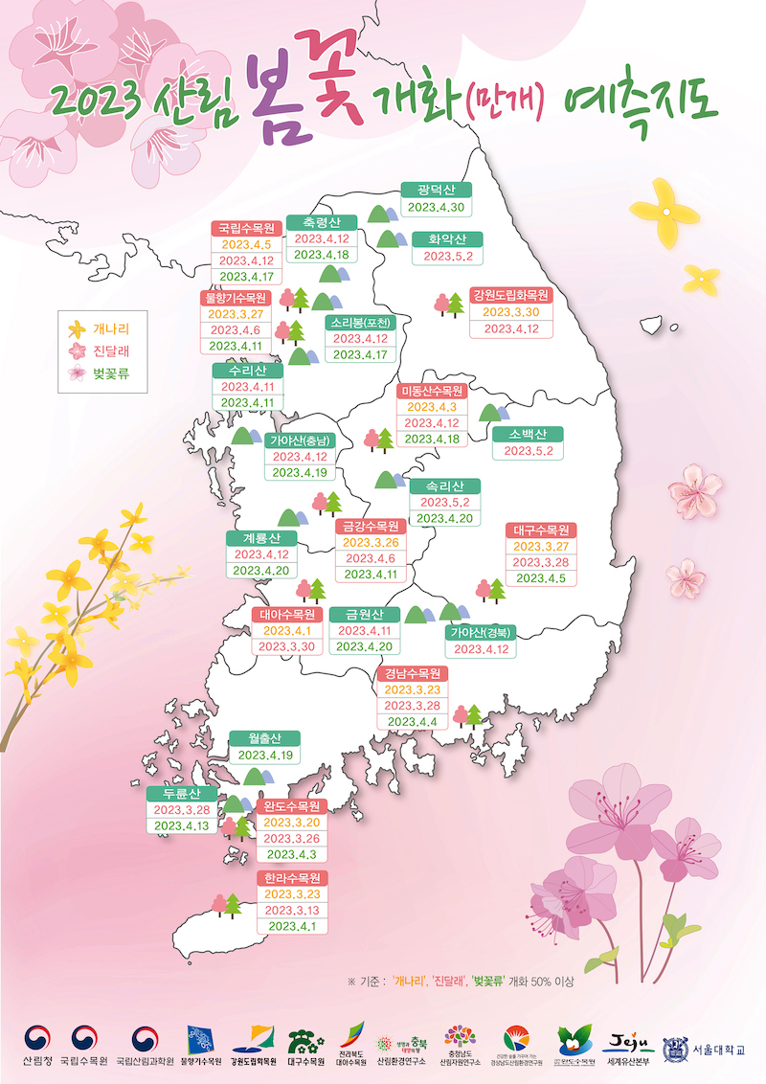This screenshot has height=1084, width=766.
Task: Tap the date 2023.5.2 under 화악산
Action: (x=448, y=256)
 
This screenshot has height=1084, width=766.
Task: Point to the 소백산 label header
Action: (x=528, y=434)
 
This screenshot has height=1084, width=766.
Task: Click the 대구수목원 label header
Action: (x=541, y=530)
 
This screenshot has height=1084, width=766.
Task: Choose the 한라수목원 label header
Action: (x=292, y=877)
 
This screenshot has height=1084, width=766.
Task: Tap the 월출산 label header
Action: (x=264, y=738)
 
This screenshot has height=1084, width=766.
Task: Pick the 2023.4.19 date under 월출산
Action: (x=264, y=756)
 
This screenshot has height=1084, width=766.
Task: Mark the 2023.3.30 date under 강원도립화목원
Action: (x=509, y=312)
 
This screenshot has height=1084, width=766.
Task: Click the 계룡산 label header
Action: (x=261, y=537)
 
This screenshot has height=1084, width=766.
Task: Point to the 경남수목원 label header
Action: (x=412, y=672)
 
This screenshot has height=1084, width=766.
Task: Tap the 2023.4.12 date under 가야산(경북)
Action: (x=481, y=649)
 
